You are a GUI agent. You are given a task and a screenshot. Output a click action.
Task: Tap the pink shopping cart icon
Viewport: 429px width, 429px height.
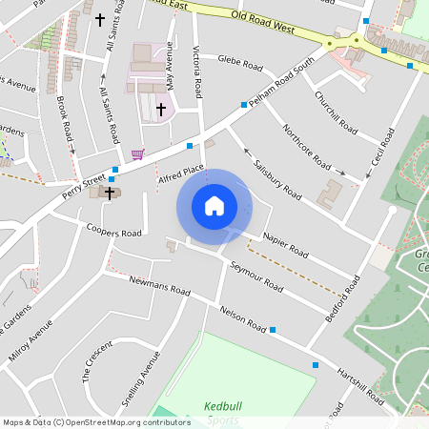pos(138,153)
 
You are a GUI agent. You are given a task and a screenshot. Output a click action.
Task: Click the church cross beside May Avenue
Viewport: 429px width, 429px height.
pos(161,110)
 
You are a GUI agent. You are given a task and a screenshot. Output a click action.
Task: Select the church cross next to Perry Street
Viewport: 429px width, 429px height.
pos(110,193)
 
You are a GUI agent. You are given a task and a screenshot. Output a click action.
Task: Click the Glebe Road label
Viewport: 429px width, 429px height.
pos(239,63)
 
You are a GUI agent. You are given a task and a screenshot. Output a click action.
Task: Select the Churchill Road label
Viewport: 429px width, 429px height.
pos(336,112)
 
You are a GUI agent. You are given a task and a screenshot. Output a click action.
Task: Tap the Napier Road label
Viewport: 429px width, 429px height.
pos(285,247)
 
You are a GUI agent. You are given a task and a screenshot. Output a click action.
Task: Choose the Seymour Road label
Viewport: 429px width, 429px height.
pos(256,277)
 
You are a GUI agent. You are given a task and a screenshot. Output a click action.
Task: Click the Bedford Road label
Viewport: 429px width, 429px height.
pos(342,297)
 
